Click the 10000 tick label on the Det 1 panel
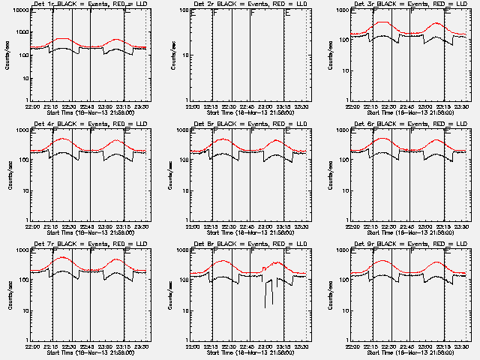[19, 10]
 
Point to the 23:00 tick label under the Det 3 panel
[425, 106]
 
